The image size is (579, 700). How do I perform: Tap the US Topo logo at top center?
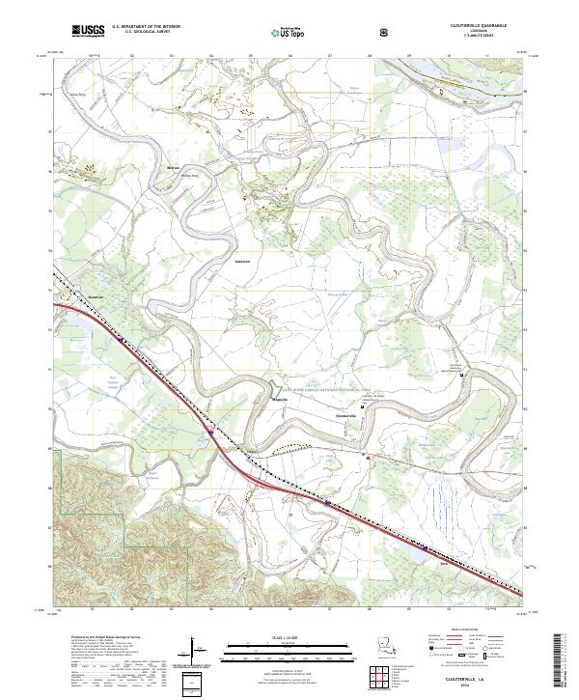[278, 33]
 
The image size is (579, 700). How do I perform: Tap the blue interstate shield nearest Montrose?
[120, 339]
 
